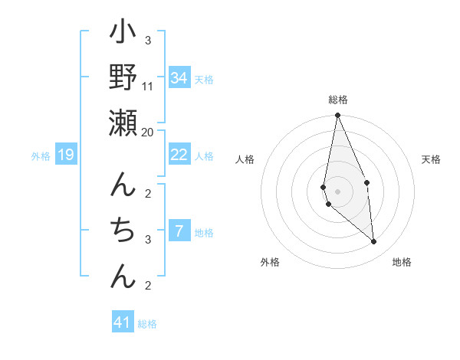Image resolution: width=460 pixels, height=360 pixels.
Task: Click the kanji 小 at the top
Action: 123,34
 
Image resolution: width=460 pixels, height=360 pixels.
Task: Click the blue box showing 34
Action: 179,78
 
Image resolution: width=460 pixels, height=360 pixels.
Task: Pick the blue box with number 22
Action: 179,155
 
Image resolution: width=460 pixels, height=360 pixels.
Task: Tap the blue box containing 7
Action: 179,231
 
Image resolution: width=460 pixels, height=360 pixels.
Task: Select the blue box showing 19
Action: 66,155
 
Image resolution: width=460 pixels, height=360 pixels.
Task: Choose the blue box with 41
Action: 123,322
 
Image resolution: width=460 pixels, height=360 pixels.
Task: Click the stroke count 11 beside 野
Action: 148,87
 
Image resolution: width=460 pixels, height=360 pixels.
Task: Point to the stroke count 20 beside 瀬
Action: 148,133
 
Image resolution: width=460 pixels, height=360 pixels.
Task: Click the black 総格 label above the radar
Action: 338,100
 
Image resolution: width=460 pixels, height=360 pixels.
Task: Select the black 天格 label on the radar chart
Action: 432,159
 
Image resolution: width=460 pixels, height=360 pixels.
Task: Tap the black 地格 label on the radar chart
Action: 402,262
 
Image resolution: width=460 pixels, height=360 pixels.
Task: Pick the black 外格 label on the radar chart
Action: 270,262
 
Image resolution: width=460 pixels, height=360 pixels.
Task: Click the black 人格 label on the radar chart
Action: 245,159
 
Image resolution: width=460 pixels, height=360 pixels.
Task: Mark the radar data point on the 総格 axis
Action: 337,116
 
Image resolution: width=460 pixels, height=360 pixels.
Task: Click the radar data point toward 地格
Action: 373,241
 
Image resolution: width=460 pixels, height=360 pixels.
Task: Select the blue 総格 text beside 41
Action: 147,324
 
